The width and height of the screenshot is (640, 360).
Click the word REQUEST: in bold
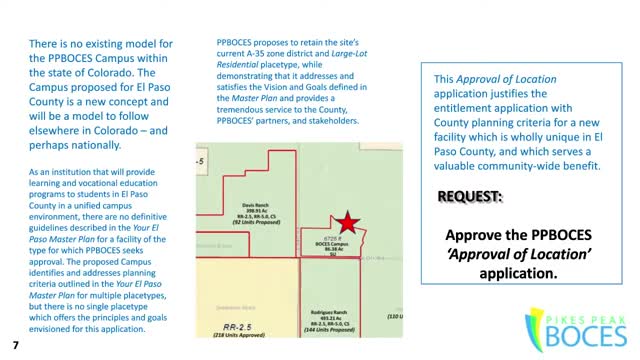point(470,196)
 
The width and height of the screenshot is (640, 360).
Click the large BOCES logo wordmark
point(576,332)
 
